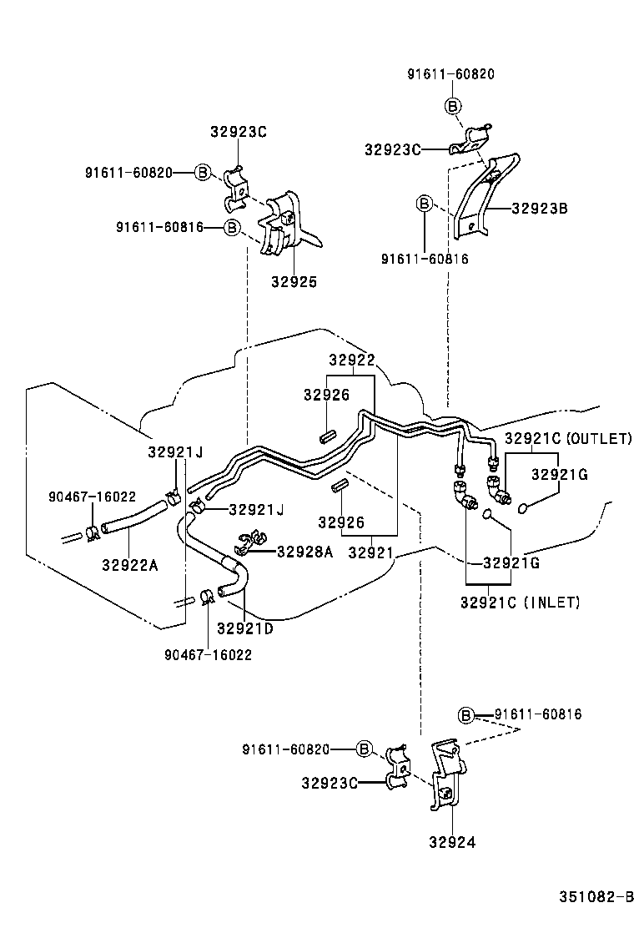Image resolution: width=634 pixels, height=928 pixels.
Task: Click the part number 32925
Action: pos(294,282)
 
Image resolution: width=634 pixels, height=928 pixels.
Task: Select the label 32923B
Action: pos(539,209)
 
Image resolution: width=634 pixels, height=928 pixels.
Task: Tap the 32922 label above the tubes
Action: pos(351,361)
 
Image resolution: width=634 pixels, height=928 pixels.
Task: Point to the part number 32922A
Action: pos(129,565)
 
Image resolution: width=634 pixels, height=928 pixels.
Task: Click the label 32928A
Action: pos(304,551)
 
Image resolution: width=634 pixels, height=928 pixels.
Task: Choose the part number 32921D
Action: pos(244,628)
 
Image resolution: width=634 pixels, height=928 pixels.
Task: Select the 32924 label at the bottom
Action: pos(453,842)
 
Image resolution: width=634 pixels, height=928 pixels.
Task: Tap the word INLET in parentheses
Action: pos(551,602)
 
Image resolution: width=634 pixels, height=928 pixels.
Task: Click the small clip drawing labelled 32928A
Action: pos(247,544)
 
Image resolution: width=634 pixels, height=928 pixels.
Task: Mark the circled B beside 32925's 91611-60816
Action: pos(232,227)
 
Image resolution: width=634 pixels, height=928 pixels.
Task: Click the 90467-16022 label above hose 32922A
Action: pos(92,496)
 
